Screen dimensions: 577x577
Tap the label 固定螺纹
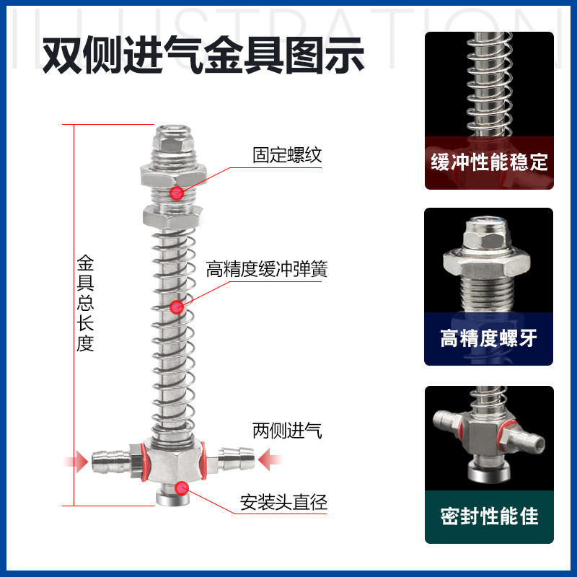[x=286, y=155]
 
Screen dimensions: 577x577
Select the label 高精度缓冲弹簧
[x=267, y=269]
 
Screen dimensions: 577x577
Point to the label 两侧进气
[x=287, y=431]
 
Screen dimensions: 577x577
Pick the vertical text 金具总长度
[x=85, y=303]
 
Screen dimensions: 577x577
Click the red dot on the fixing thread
[x=177, y=193]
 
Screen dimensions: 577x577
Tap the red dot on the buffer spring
[x=176, y=307]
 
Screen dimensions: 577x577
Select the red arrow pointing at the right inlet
[x=273, y=458]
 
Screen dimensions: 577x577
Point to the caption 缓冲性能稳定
[x=489, y=161]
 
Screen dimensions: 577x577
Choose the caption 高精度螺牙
[x=489, y=338]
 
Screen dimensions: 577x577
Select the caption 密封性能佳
[x=489, y=516]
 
